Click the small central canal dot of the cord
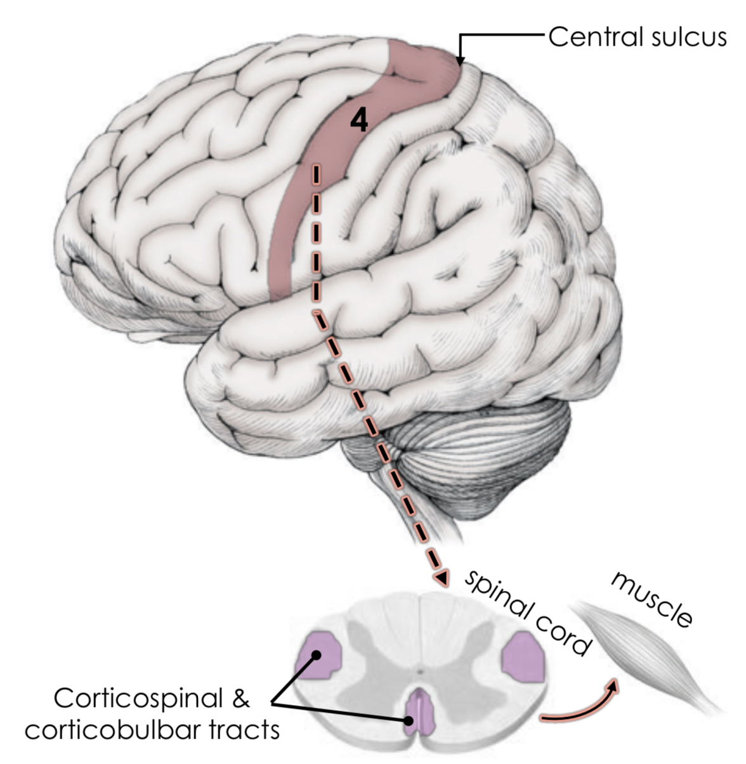[419, 670]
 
